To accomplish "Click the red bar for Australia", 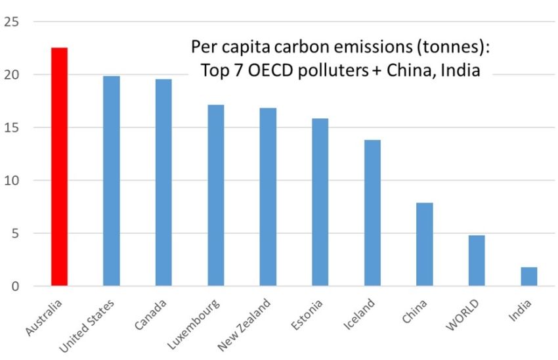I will pos(59,167).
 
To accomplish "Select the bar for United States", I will pos(112,181).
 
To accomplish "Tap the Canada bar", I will pos(163,183).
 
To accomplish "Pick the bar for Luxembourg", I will pos(215,195).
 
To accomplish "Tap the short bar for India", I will pos(529,277).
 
